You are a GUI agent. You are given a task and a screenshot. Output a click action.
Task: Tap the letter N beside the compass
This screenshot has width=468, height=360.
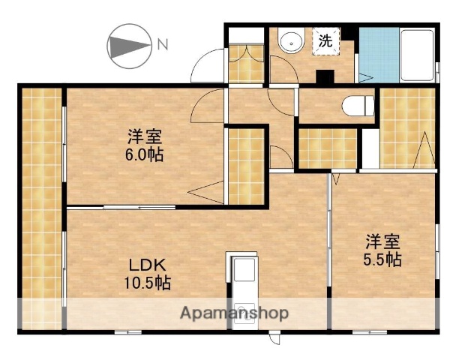coord(162,45)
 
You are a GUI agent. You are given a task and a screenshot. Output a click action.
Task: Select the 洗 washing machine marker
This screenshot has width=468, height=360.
coord(326,42)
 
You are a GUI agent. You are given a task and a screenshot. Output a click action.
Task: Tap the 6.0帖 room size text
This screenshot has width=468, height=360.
coord(145,155)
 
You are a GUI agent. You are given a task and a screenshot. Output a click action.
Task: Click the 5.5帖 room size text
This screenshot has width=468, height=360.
coord(383,259)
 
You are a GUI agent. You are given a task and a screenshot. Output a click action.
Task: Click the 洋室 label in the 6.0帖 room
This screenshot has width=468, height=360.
coord(145,137)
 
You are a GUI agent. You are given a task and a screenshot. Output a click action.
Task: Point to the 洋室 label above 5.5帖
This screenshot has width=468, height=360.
coord(383,241)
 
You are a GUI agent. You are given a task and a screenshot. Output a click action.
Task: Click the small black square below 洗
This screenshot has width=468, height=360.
coord(325,76)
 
